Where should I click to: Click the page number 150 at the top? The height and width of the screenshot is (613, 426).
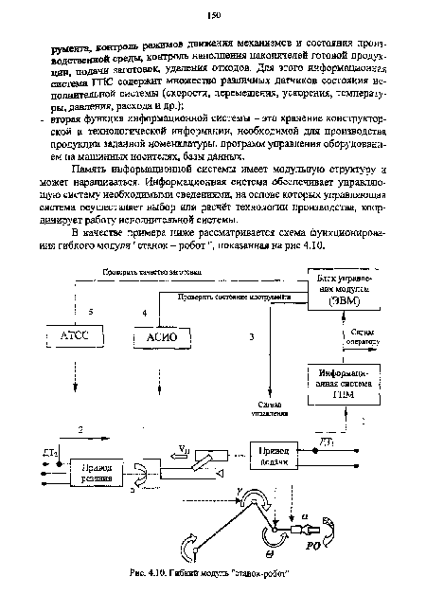click(x=214, y=14)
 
